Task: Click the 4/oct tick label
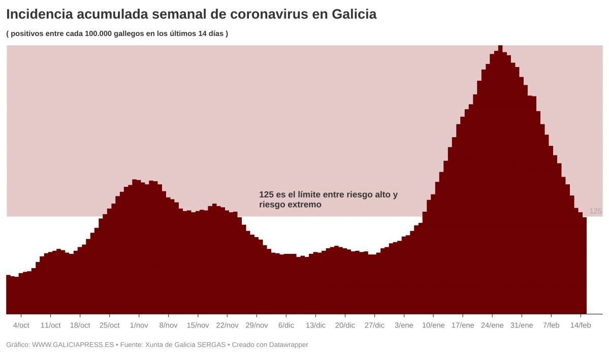click(x=21, y=325)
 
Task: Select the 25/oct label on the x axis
click(x=109, y=325)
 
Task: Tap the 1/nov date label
click(x=139, y=325)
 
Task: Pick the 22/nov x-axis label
click(x=227, y=325)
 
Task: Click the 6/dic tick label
click(x=286, y=325)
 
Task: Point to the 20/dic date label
click(x=345, y=325)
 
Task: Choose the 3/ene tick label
click(x=404, y=325)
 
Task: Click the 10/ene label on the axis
click(x=433, y=325)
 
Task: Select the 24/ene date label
click(x=492, y=325)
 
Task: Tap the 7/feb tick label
click(x=551, y=325)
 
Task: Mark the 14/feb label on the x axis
click(x=581, y=325)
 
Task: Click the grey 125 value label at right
click(x=595, y=211)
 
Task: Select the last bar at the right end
click(x=585, y=264)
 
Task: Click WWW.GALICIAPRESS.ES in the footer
click(x=73, y=345)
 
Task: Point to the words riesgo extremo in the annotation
click(x=290, y=205)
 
